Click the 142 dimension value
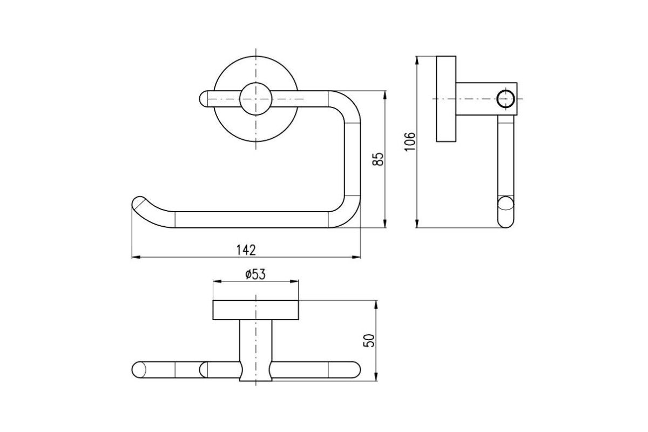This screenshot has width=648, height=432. [246, 250]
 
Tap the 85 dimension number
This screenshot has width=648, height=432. [378, 159]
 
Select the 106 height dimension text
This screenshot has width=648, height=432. [410, 141]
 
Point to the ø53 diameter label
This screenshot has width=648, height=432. [255, 275]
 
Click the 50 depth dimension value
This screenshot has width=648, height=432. [369, 341]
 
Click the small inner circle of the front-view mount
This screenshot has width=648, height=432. [256, 99]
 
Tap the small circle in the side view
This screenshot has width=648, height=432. [505, 99]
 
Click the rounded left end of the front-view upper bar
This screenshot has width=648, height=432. [204, 99]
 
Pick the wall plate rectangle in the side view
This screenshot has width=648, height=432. [446, 99]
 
